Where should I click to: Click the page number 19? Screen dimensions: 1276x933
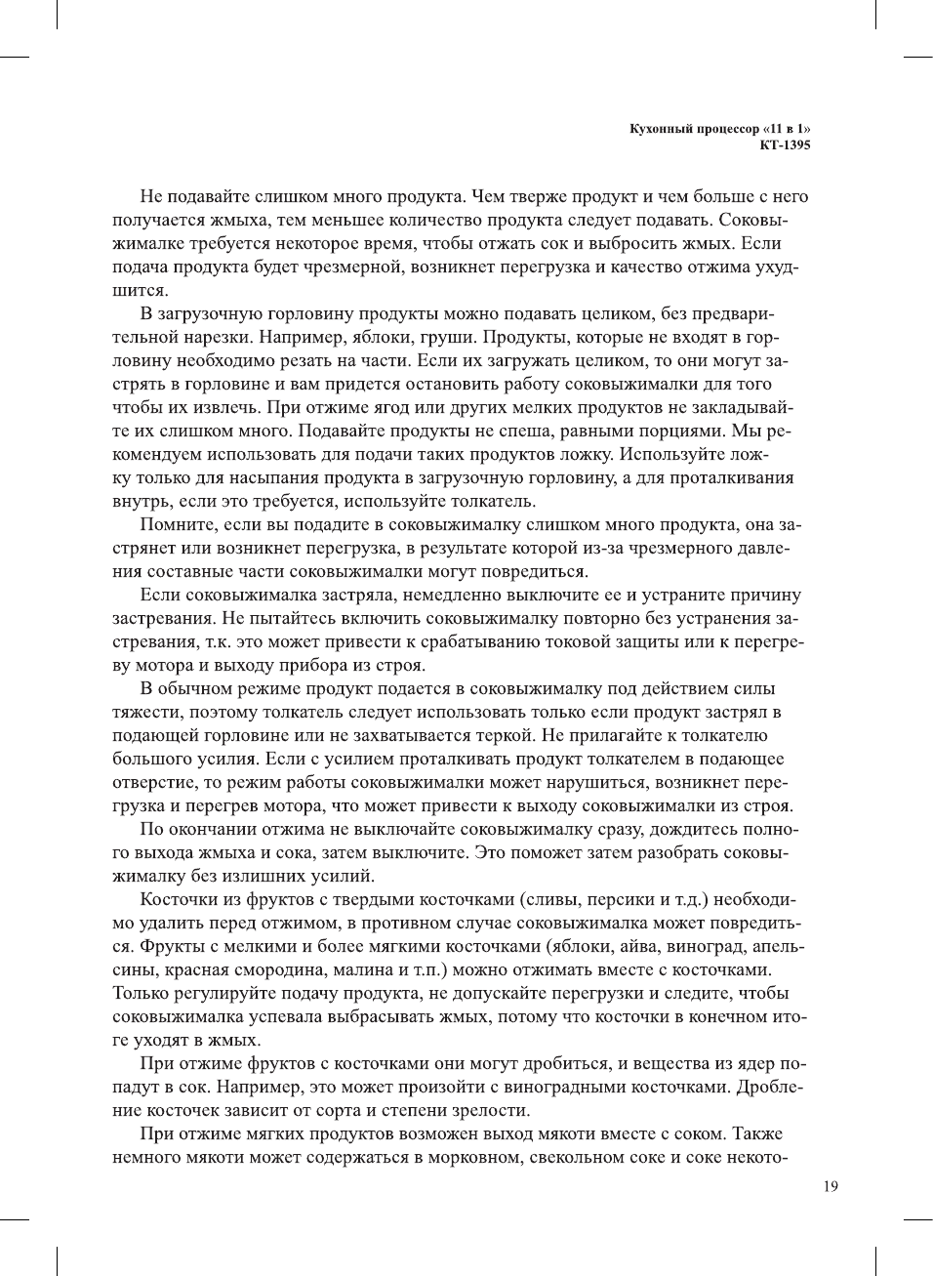(831, 1186)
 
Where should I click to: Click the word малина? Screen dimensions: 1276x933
(364, 969)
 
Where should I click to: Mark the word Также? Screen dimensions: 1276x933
(757, 1133)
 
